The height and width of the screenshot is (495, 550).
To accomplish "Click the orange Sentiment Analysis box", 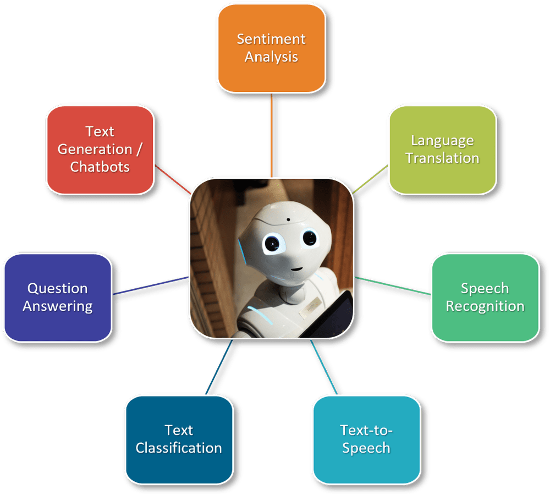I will point(271,48).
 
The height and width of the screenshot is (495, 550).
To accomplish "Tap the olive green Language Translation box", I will point(442,150).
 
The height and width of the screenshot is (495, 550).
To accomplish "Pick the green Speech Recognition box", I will point(485,298).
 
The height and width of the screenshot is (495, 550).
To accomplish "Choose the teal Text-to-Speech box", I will point(366,439).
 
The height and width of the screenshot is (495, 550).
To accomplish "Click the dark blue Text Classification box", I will point(179,439).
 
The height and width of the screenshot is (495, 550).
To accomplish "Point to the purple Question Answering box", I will point(58,298).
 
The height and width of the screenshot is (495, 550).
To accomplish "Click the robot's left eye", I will point(271,241).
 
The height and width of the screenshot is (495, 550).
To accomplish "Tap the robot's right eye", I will point(310,238).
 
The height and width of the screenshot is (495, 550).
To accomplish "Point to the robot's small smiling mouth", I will point(296,269).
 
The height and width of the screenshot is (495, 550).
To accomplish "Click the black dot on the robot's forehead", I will point(287,221).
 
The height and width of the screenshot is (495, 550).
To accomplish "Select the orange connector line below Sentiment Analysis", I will point(271,135).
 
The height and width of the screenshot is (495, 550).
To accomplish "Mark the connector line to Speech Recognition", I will point(393,285).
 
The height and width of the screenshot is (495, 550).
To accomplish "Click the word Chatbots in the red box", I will point(100,167).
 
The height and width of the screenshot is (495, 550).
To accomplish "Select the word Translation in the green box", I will point(442,158).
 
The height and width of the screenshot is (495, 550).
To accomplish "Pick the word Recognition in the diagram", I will point(485,306).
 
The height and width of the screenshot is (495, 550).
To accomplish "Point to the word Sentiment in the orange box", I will point(271,40).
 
